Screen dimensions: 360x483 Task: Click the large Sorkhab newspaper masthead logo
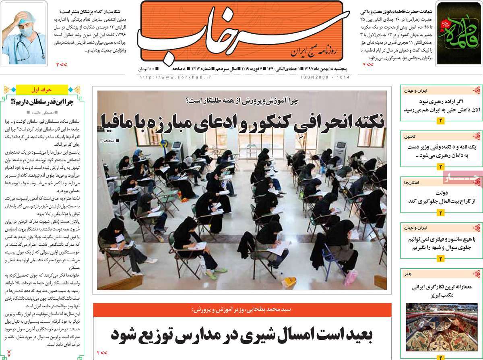pyautogui.click(x=242, y=32)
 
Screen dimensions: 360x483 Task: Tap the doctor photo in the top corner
pyautogui.click(x=24, y=33)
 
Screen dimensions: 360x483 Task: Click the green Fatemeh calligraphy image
pyautogui.click(x=458, y=33)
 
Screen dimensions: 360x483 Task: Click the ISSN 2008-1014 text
pyautogui.click(x=325, y=76)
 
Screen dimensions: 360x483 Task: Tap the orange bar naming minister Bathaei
pyautogui.click(x=242, y=309)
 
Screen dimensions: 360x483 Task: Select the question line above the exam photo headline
pyautogui.click(x=242, y=102)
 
